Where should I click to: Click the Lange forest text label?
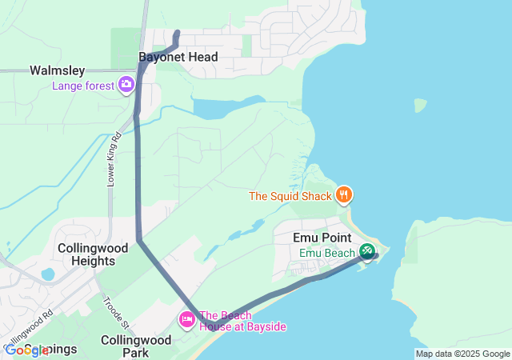(83, 86)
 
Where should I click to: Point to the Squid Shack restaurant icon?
(345, 194)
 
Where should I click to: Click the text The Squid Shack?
(290, 195)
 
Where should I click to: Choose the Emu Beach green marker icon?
(366, 251)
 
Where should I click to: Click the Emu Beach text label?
(326, 253)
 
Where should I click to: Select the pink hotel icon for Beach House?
(186, 320)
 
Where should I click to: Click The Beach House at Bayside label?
(242, 321)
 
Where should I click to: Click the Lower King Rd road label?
(113, 160)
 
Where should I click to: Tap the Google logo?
(26, 350)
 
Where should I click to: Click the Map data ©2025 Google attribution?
(462, 354)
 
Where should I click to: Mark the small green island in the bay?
(421, 106)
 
